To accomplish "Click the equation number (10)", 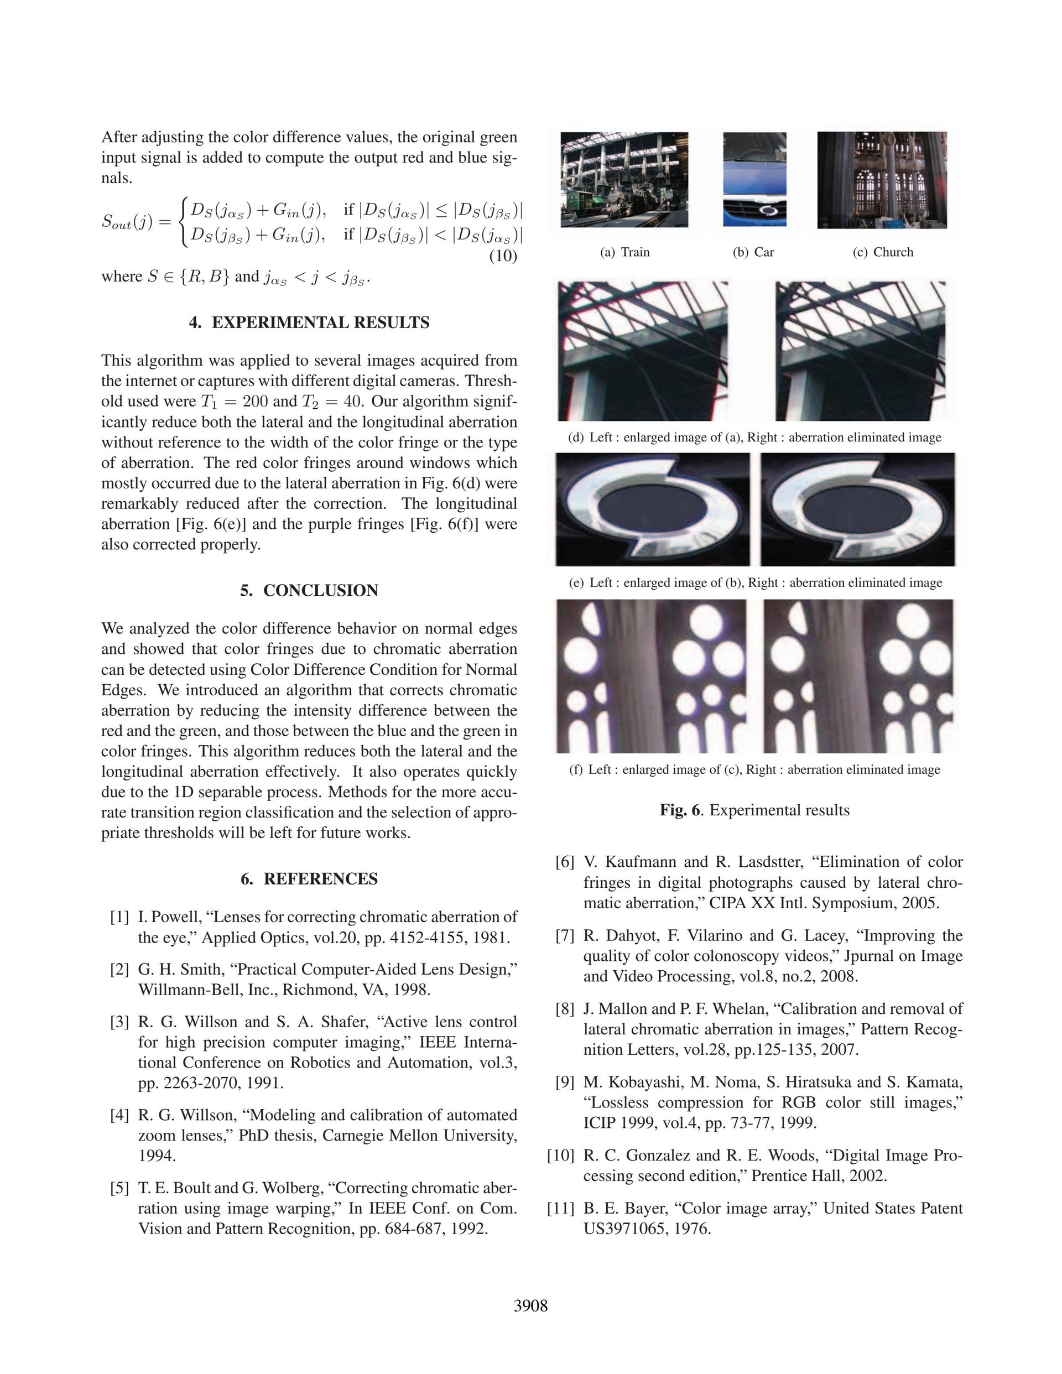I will tap(503, 256).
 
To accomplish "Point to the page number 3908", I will tap(530, 1306).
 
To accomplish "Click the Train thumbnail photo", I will tap(624, 180).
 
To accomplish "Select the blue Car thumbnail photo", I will tap(754, 179).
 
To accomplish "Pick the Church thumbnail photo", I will tap(882, 180).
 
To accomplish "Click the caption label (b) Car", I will tap(753, 252).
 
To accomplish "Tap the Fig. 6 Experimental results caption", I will tap(754, 810).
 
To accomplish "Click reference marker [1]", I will tap(119, 917).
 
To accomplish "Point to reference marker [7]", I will tap(565, 935).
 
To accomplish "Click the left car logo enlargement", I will tap(653, 509).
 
